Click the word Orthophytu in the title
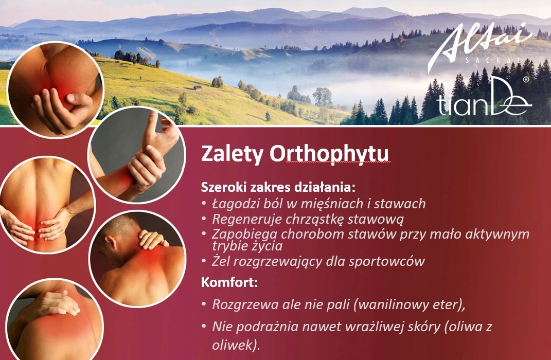click(329, 154)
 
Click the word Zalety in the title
click(232, 153)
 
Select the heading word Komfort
click(229, 282)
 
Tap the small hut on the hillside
click(198, 88)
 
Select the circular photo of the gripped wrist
click(137, 155)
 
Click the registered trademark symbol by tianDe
click(526, 80)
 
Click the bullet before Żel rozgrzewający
click(204, 261)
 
